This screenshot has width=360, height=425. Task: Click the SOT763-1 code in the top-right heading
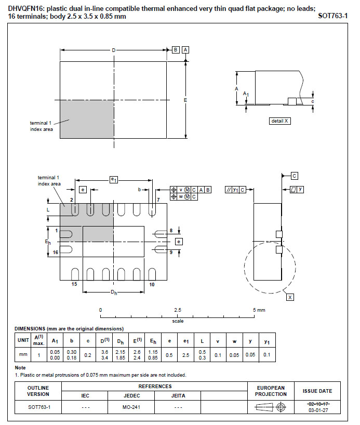coord(332,16)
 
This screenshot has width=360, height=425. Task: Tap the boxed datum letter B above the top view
coord(176,50)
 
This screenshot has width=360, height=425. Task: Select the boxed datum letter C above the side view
coord(295,176)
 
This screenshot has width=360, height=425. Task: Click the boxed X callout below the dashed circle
coord(290,297)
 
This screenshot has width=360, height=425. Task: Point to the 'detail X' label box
coord(280,121)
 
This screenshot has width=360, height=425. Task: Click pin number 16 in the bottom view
coord(55,253)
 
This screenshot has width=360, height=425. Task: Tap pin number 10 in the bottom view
coord(152,284)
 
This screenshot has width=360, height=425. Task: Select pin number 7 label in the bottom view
coord(158,200)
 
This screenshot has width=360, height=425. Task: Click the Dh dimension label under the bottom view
coord(114,292)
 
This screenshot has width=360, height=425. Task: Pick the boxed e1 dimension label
coord(114,179)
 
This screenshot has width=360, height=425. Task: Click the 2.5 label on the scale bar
coord(178,310)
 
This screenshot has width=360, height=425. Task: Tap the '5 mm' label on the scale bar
coord(259,310)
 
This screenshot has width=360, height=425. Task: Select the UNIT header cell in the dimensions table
coord(23,340)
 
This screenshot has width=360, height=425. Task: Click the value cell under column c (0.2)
coord(88,355)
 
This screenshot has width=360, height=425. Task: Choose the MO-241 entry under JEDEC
coord(131,407)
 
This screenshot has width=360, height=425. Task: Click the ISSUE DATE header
coord(317,391)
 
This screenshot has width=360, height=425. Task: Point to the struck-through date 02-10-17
coord(318,404)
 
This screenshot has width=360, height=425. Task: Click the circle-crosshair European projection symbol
coord(281,407)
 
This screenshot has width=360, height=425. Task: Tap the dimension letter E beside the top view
coord(185,100)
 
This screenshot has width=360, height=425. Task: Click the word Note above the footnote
coord(20,368)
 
